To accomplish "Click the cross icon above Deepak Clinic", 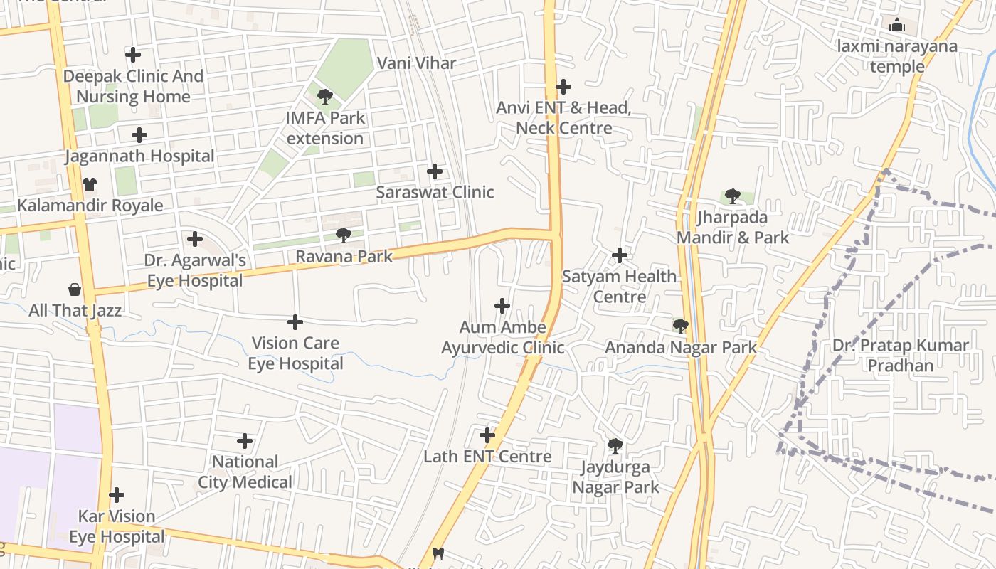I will coord(132,54).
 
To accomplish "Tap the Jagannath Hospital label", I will coord(139,156).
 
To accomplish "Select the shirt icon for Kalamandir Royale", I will coord(89,184).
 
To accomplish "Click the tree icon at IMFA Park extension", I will coord(325,96).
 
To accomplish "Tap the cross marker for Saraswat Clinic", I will coord(435,171).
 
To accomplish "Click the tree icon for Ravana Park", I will coord(344,235).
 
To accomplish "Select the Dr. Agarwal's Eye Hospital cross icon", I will coord(195,239).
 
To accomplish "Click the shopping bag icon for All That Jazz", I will coord(75,289).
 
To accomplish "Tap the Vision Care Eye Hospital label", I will coord(295,353).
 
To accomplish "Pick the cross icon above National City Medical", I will coord(245,441).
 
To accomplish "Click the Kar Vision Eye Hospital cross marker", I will coord(117,495).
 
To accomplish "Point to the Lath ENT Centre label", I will coord(487,457).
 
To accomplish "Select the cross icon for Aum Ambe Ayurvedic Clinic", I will coord(502,306).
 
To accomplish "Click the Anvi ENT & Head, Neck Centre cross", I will coord(563,87).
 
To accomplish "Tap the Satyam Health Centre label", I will coord(619,287).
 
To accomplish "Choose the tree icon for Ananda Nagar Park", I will coord(680,326).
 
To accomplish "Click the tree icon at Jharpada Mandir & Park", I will coord(732,196).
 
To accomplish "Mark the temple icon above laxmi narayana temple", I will coord(897,26).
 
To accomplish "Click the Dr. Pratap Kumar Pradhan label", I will coord(901,356).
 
